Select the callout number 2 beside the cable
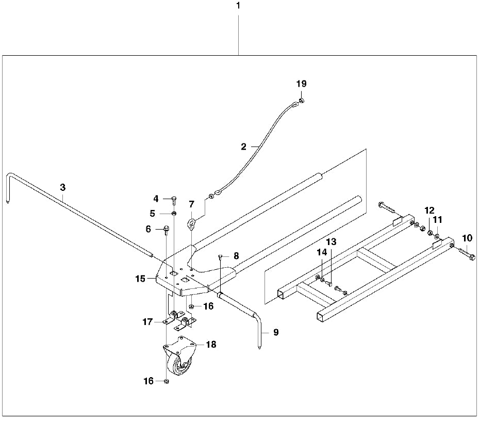tap(243, 147)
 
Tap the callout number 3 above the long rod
tap(62, 186)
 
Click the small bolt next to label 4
tap(173, 199)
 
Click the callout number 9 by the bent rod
tap(275, 333)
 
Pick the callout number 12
tap(430, 210)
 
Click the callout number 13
tap(331, 241)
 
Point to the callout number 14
tap(322, 252)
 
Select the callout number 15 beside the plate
tap(141, 279)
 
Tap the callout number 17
tap(147, 322)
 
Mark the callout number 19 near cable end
tap(301, 84)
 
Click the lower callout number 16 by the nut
tap(148, 381)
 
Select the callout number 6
tap(148, 229)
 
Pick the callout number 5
tap(153, 213)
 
